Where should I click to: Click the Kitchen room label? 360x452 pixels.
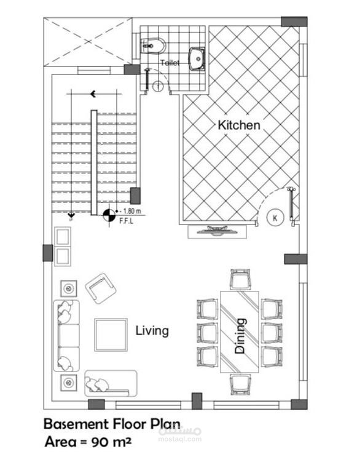[x=239, y=125]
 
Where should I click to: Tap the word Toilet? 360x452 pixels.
[x=170, y=63]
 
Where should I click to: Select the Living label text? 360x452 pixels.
[x=152, y=331]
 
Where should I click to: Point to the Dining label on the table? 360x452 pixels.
[x=240, y=336]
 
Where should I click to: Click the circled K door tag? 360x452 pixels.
[x=275, y=218]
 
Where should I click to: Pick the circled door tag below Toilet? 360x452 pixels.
[x=158, y=86]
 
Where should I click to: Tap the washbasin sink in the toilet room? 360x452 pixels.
[x=197, y=59]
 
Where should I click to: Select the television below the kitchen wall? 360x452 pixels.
[x=217, y=231]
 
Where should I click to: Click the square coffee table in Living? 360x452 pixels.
[x=111, y=335]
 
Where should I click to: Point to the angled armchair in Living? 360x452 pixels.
[x=101, y=288]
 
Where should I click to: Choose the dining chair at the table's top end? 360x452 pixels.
[x=240, y=279]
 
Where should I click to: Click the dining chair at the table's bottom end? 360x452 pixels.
[x=240, y=384]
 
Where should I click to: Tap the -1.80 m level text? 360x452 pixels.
[x=130, y=211]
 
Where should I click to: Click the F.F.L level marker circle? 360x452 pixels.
[x=109, y=215]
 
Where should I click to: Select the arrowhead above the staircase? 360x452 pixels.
[x=93, y=94]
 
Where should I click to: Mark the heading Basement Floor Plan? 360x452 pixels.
[x=112, y=424]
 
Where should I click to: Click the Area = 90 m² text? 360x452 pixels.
[x=88, y=442]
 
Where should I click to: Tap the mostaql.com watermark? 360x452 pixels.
[x=180, y=439]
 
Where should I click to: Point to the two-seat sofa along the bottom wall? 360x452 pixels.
[x=111, y=383]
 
